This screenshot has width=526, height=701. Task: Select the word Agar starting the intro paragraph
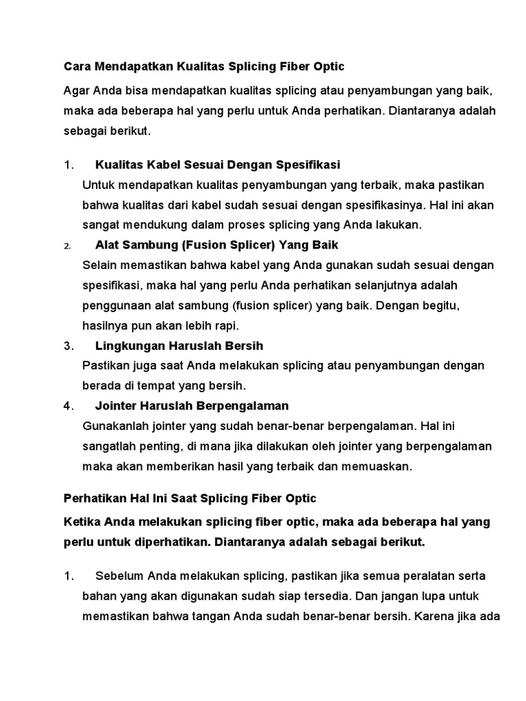(75, 91)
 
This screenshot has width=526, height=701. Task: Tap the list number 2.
(66, 246)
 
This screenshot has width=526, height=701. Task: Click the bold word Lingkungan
(127, 346)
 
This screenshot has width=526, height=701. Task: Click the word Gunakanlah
(114, 426)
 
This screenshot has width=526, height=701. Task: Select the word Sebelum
(120, 576)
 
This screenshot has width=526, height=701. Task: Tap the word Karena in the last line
(432, 615)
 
